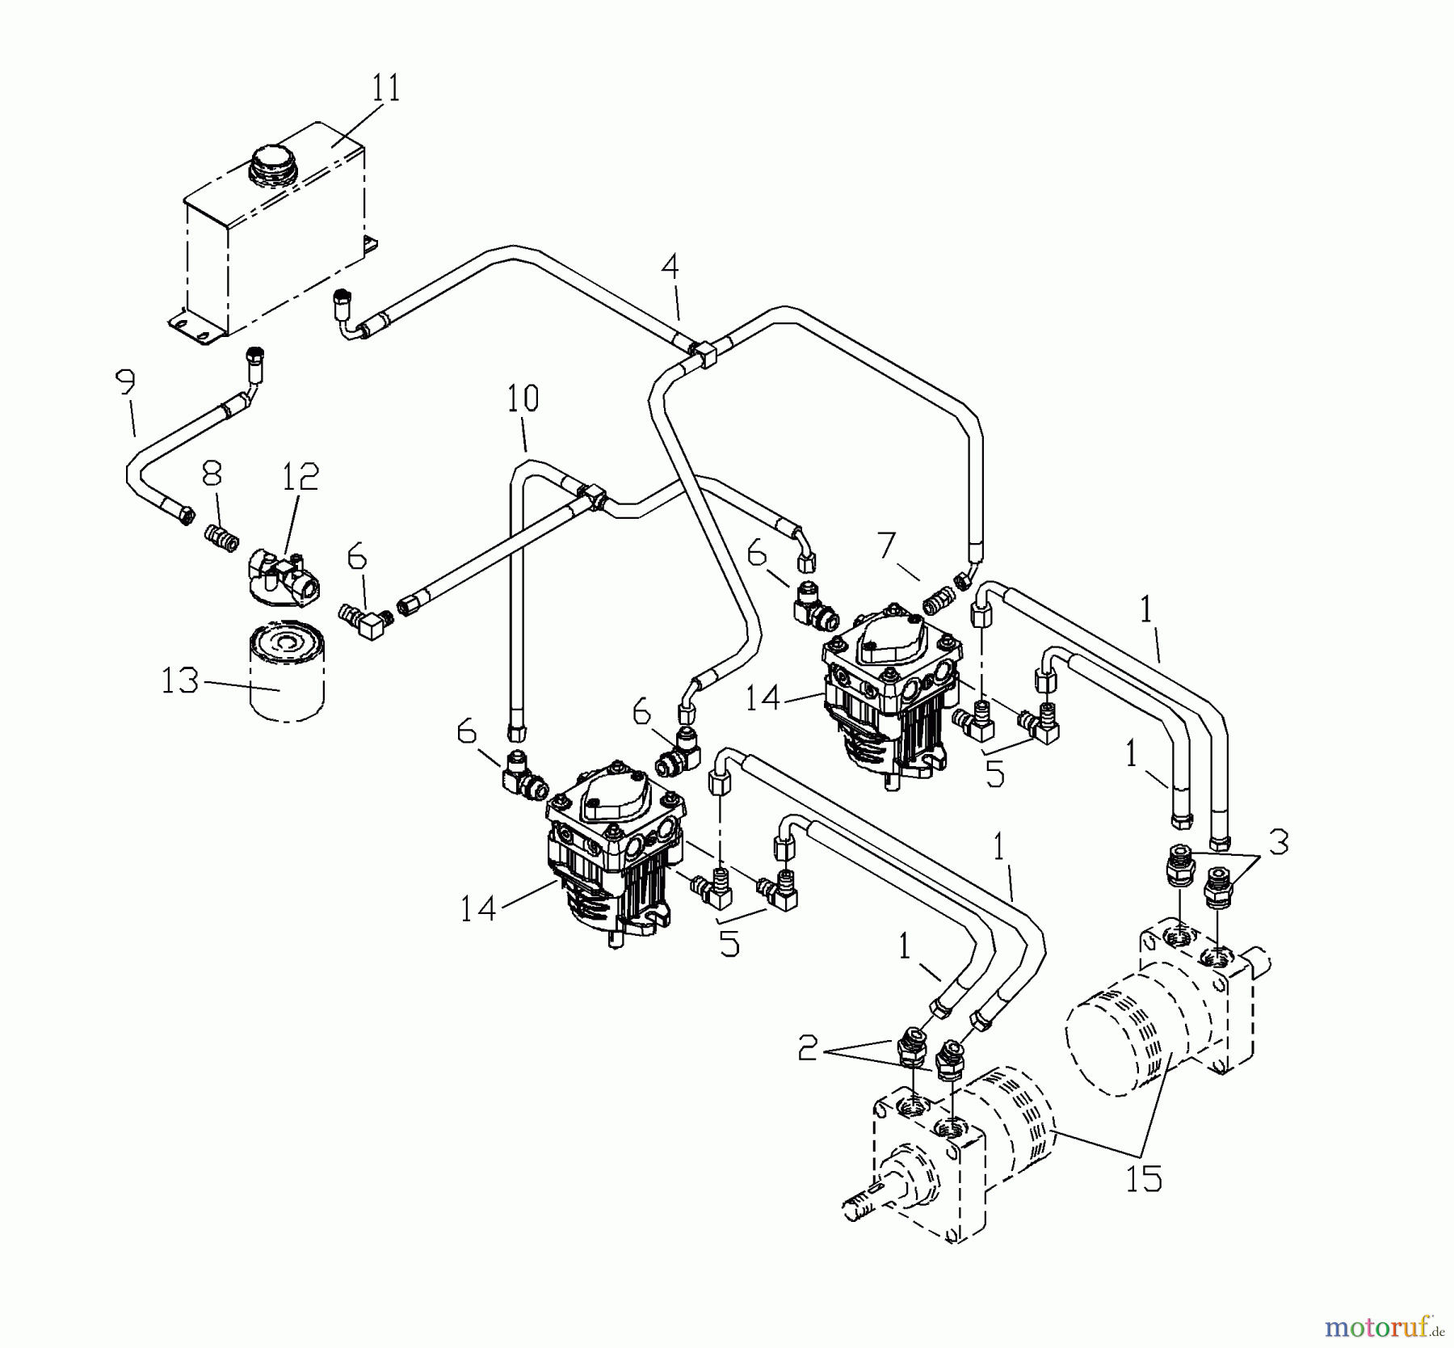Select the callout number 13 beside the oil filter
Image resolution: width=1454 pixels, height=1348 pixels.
(x=179, y=680)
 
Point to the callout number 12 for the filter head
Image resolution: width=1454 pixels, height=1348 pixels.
(x=300, y=478)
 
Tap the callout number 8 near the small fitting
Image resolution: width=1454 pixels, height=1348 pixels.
(x=212, y=474)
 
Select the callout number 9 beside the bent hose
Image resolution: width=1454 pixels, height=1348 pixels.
(x=126, y=383)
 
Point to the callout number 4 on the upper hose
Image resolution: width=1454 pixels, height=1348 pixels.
(x=670, y=267)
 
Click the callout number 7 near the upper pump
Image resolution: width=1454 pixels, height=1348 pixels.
(x=887, y=547)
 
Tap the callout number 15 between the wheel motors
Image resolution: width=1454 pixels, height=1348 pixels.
(x=1144, y=1179)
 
